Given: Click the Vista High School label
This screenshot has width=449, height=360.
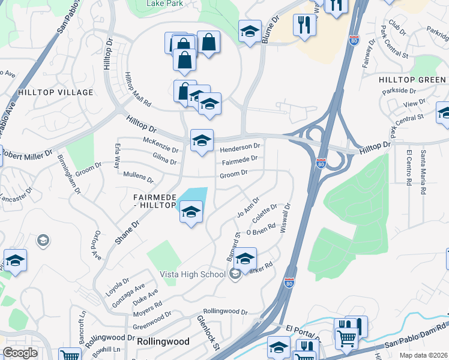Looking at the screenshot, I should pos(192,274).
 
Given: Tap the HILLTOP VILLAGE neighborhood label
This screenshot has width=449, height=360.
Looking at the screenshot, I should pos(56,92).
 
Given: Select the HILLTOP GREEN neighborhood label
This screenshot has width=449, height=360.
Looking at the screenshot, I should pos(412,80).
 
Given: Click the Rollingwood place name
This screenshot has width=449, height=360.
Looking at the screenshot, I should pos(163,341).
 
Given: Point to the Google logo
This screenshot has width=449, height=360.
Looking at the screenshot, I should pos(20,353).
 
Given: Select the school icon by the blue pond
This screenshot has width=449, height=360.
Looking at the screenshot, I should pos(191,212).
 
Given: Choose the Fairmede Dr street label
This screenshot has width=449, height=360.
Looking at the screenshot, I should pos(240,160).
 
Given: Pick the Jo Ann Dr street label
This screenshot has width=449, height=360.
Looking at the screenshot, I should pos(247,208).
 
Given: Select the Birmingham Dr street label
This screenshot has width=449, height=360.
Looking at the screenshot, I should pos(70,173).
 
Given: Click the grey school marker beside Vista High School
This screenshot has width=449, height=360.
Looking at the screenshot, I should pos(235,274).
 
